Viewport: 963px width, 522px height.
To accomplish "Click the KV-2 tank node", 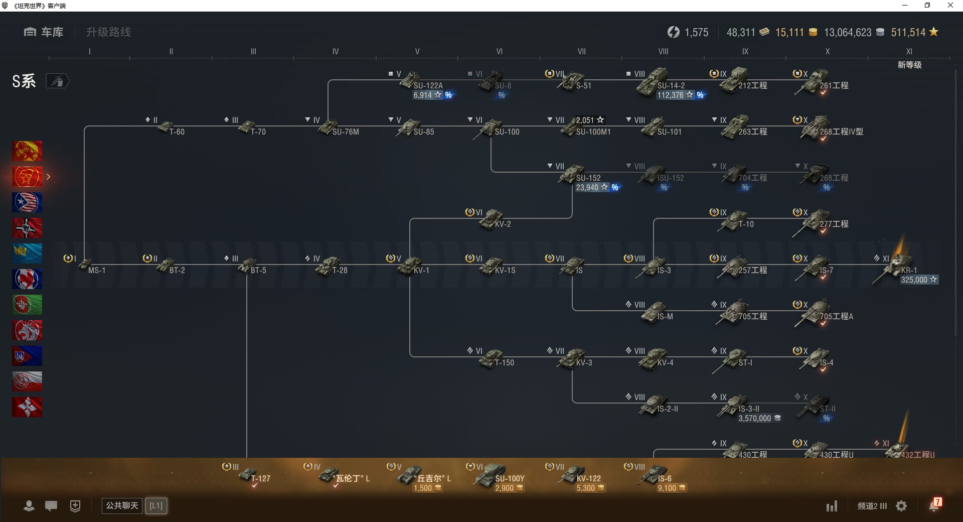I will (x=494, y=220).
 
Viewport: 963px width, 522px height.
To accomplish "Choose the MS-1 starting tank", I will (x=90, y=268).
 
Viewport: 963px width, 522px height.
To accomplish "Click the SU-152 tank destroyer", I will (x=577, y=175).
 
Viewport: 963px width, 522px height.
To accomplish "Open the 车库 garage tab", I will (x=44, y=32).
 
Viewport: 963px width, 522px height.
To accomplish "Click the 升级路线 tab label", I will (x=108, y=32).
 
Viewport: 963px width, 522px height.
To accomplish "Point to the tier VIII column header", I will (x=663, y=51).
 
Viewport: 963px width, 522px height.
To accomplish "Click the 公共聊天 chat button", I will (x=122, y=505).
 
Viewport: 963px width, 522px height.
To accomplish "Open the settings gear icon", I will (x=901, y=506).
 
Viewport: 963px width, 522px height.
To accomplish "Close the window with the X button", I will (x=950, y=6).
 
